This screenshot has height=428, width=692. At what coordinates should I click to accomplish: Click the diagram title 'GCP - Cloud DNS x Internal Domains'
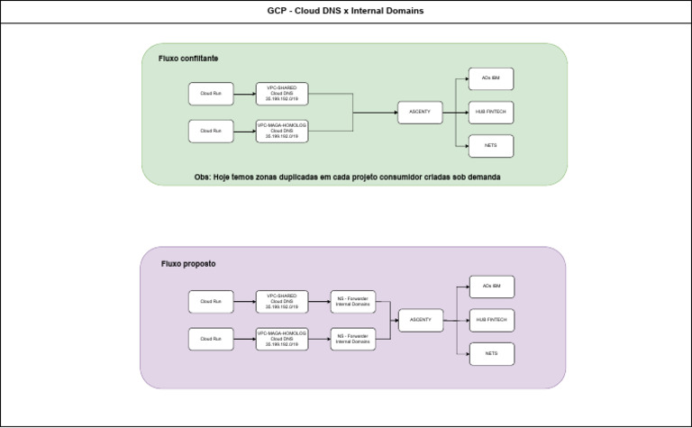coord(346,11)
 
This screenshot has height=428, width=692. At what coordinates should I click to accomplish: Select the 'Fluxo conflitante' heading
coord(188,59)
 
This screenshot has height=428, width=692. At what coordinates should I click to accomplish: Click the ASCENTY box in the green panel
coord(420,113)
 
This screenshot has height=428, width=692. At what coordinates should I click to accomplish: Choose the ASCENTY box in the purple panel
coord(421,320)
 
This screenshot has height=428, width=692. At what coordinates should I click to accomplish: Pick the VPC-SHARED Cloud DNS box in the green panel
coord(282,94)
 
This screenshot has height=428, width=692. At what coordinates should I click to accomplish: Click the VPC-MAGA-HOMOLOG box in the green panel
coord(282,131)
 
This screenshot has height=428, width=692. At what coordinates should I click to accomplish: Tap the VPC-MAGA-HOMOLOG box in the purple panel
coord(281,339)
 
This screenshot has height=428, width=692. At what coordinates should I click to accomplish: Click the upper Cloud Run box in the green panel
coord(211,94)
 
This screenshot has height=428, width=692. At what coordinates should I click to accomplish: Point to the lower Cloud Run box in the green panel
coord(211,131)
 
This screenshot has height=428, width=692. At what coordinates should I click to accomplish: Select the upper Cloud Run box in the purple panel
coord(211,302)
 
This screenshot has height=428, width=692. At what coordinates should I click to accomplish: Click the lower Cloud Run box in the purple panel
coord(211,339)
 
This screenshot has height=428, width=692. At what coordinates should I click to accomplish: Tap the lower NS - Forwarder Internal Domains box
coord(352,339)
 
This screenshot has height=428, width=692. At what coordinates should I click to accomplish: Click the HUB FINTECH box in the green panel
coord(491,113)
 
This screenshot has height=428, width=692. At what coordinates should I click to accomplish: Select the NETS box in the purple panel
coord(491,353)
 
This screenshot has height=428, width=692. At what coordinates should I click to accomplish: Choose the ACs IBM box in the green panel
coord(491,79)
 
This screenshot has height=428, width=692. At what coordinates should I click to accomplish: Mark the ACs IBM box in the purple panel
coord(491,287)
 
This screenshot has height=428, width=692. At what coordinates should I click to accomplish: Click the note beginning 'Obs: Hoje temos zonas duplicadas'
coord(347,178)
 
